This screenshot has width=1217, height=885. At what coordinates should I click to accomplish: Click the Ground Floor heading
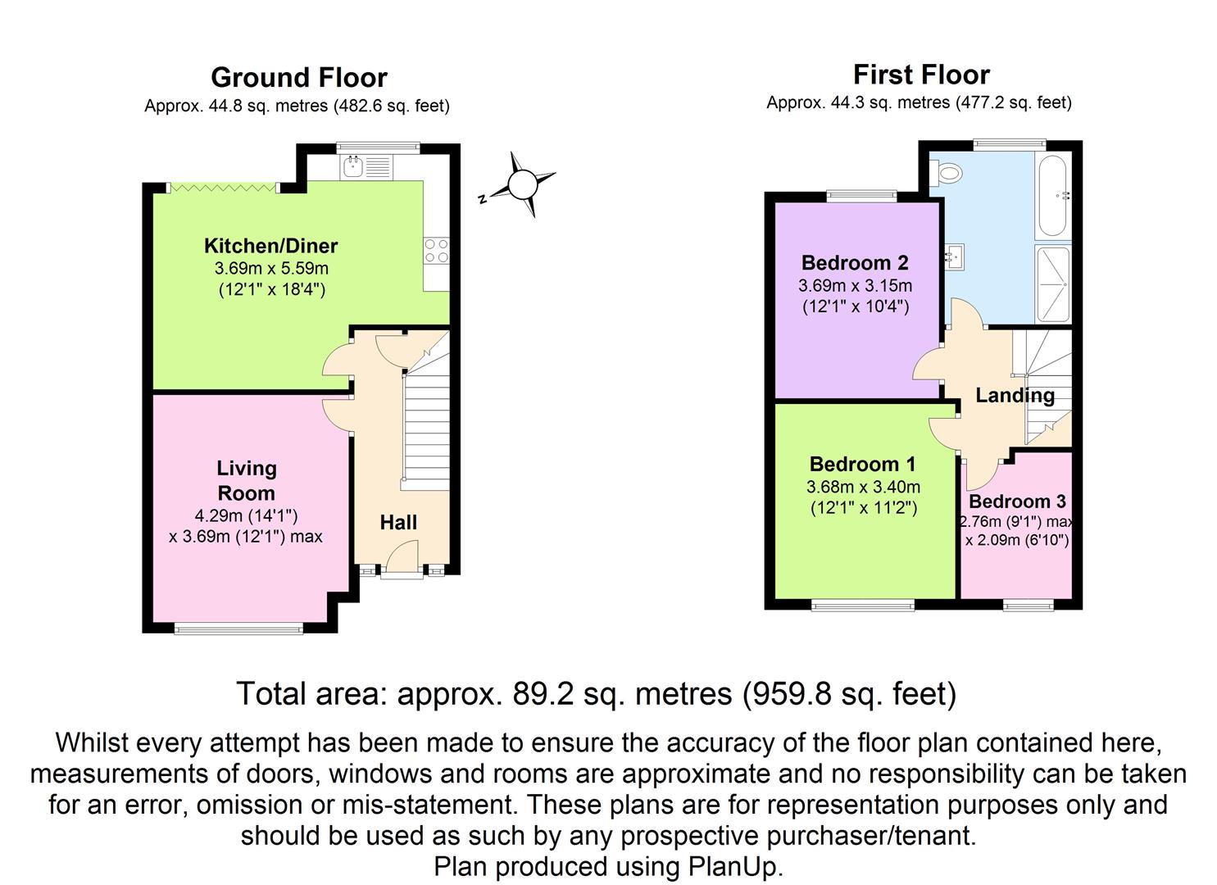tap(298, 78)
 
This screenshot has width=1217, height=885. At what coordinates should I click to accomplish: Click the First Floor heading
tap(921, 75)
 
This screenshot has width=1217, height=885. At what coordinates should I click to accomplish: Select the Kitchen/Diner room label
tap(270, 246)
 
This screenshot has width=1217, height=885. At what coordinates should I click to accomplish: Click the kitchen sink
tap(354, 167)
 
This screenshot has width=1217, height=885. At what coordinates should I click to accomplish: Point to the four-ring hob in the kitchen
tap(436, 251)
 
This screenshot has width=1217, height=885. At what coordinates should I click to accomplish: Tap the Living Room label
tap(246, 481)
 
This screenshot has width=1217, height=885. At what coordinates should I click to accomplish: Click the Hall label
tap(398, 523)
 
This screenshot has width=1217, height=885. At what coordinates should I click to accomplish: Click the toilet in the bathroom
tap(949, 173)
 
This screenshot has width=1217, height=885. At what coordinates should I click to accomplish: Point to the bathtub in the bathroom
tap(1052, 195)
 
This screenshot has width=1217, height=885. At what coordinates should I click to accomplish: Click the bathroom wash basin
tap(953, 256)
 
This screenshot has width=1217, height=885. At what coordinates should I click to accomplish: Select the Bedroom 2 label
tap(855, 263)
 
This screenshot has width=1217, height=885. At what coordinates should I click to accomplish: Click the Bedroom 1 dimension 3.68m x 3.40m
tap(863, 487)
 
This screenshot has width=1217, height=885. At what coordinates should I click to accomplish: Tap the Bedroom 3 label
tap(1017, 501)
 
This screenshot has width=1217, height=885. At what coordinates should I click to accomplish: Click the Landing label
tap(1015, 396)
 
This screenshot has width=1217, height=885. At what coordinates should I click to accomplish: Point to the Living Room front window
tap(238, 629)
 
